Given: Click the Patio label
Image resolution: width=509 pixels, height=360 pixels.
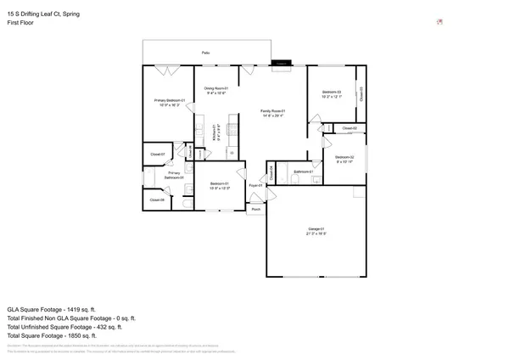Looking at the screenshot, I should pos(205,53).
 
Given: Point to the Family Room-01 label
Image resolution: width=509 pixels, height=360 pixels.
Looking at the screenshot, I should pos(271,111).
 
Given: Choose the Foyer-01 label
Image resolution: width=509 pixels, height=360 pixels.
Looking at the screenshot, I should pos(255,184).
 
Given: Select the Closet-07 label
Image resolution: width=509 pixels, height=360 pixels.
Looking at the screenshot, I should pos(157,155).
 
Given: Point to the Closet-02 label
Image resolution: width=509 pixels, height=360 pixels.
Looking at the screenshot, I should pos(349,128).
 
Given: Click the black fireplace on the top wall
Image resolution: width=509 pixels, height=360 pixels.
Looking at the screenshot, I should pos(280,62).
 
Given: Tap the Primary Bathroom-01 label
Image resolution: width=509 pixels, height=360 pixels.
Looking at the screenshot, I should pos(176,175).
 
